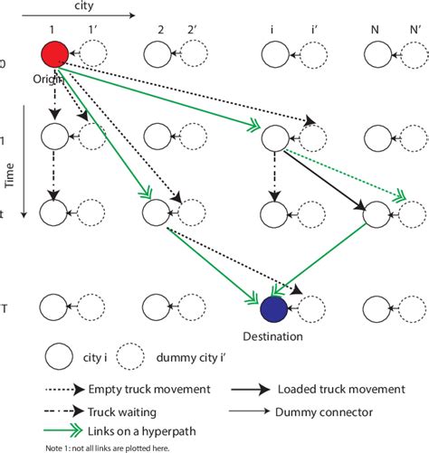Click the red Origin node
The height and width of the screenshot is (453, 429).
click(x=54, y=54)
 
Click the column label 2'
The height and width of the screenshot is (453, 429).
click(x=193, y=31)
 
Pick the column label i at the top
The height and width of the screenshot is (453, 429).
click(x=272, y=31)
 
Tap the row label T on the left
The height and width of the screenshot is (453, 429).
click(x=5, y=308)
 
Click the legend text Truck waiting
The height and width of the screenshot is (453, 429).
click(x=124, y=410)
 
